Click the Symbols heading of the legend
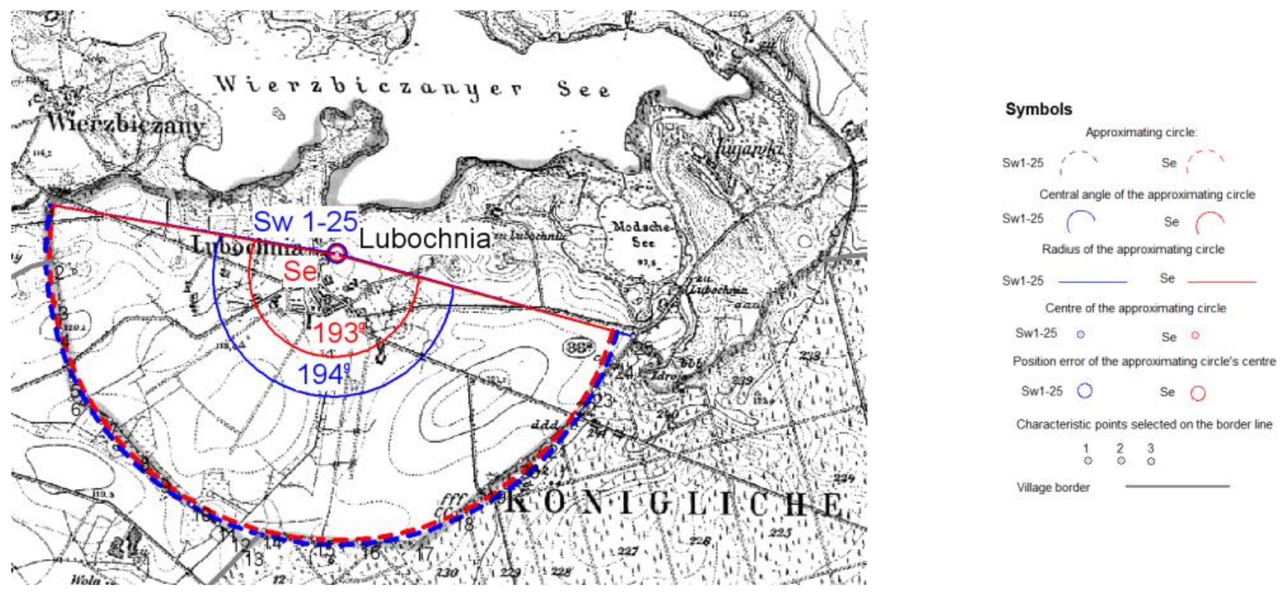(x=1038, y=109)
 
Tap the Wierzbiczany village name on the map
(x=126, y=124)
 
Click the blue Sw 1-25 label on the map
(x=305, y=221)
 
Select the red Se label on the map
(x=300, y=272)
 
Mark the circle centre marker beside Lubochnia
(x=337, y=254)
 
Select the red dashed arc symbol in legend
(x=1206, y=161)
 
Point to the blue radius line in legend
(x=1092, y=282)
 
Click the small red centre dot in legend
(x=1195, y=335)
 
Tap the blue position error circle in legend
(x=1084, y=391)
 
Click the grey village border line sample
(x=1177, y=486)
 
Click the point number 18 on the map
(x=465, y=524)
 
